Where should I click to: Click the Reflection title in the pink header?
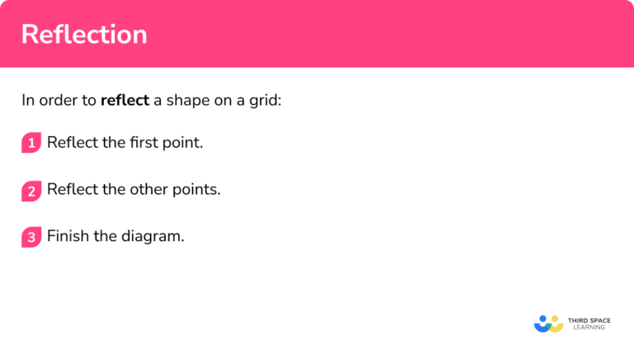(83, 35)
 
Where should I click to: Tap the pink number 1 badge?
(31, 143)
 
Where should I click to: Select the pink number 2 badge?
(31, 191)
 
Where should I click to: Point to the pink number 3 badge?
(31, 237)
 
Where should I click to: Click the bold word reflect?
(125, 102)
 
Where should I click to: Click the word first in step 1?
(145, 143)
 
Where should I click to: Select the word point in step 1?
(184, 143)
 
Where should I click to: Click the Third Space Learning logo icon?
(548, 323)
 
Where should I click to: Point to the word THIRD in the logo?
(578, 319)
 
